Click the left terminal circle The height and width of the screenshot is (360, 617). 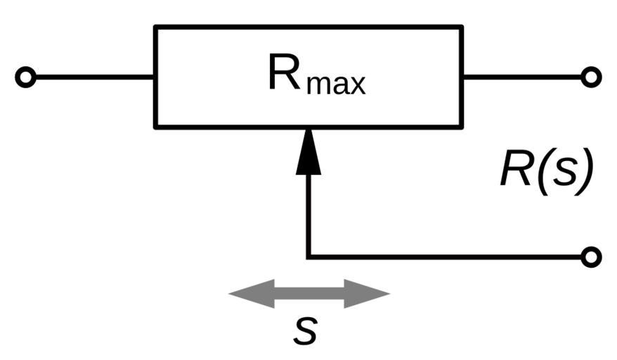[25, 77]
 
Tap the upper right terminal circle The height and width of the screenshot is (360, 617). [592, 77]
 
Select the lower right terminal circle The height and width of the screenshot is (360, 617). [592, 257]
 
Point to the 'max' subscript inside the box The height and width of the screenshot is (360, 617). [337, 84]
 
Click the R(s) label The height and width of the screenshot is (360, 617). [547, 171]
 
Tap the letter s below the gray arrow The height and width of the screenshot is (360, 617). [306, 330]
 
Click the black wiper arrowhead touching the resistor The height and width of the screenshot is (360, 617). [308, 153]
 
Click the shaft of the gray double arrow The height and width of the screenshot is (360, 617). [308, 293]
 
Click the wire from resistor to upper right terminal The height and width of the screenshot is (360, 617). [524, 77]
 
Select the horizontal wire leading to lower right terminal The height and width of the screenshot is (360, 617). [450, 257]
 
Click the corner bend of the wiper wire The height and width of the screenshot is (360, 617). [308, 257]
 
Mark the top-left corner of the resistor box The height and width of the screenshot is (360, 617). [156, 27]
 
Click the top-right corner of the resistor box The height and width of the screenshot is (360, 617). [461, 27]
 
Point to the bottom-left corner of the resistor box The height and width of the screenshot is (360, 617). [156, 127]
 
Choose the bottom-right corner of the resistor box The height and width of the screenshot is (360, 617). [461, 127]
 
